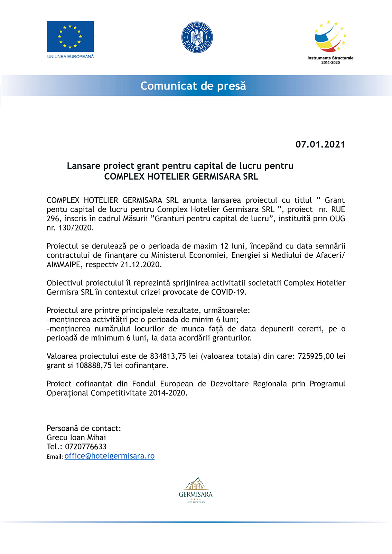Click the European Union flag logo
point(71,36)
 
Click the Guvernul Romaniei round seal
point(197,37)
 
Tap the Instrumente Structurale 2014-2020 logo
point(330,41)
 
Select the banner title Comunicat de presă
point(193,86)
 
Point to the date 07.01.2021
point(320,144)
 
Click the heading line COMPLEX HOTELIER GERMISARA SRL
point(181,177)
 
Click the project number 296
point(53,219)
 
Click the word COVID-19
point(228,292)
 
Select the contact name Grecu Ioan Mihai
point(76,438)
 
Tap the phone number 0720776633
point(86,447)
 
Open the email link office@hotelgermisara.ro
point(109,456)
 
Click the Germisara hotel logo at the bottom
point(196,490)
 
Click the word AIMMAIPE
point(64,265)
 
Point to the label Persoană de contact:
point(84,429)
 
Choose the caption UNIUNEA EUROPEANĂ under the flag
point(71,56)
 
